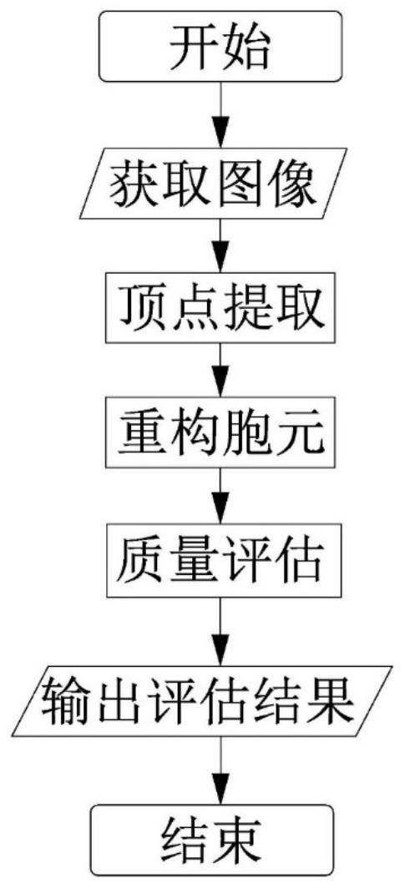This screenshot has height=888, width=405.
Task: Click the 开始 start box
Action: tap(221, 46)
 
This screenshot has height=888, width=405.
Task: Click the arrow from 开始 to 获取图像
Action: tap(221, 114)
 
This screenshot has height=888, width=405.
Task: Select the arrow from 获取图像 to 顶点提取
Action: tap(221, 245)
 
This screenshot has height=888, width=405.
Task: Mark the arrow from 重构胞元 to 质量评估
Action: tap(221, 496)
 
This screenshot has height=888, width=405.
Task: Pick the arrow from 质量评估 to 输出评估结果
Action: tap(221, 631)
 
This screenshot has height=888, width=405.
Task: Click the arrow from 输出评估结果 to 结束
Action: tap(221, 770)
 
